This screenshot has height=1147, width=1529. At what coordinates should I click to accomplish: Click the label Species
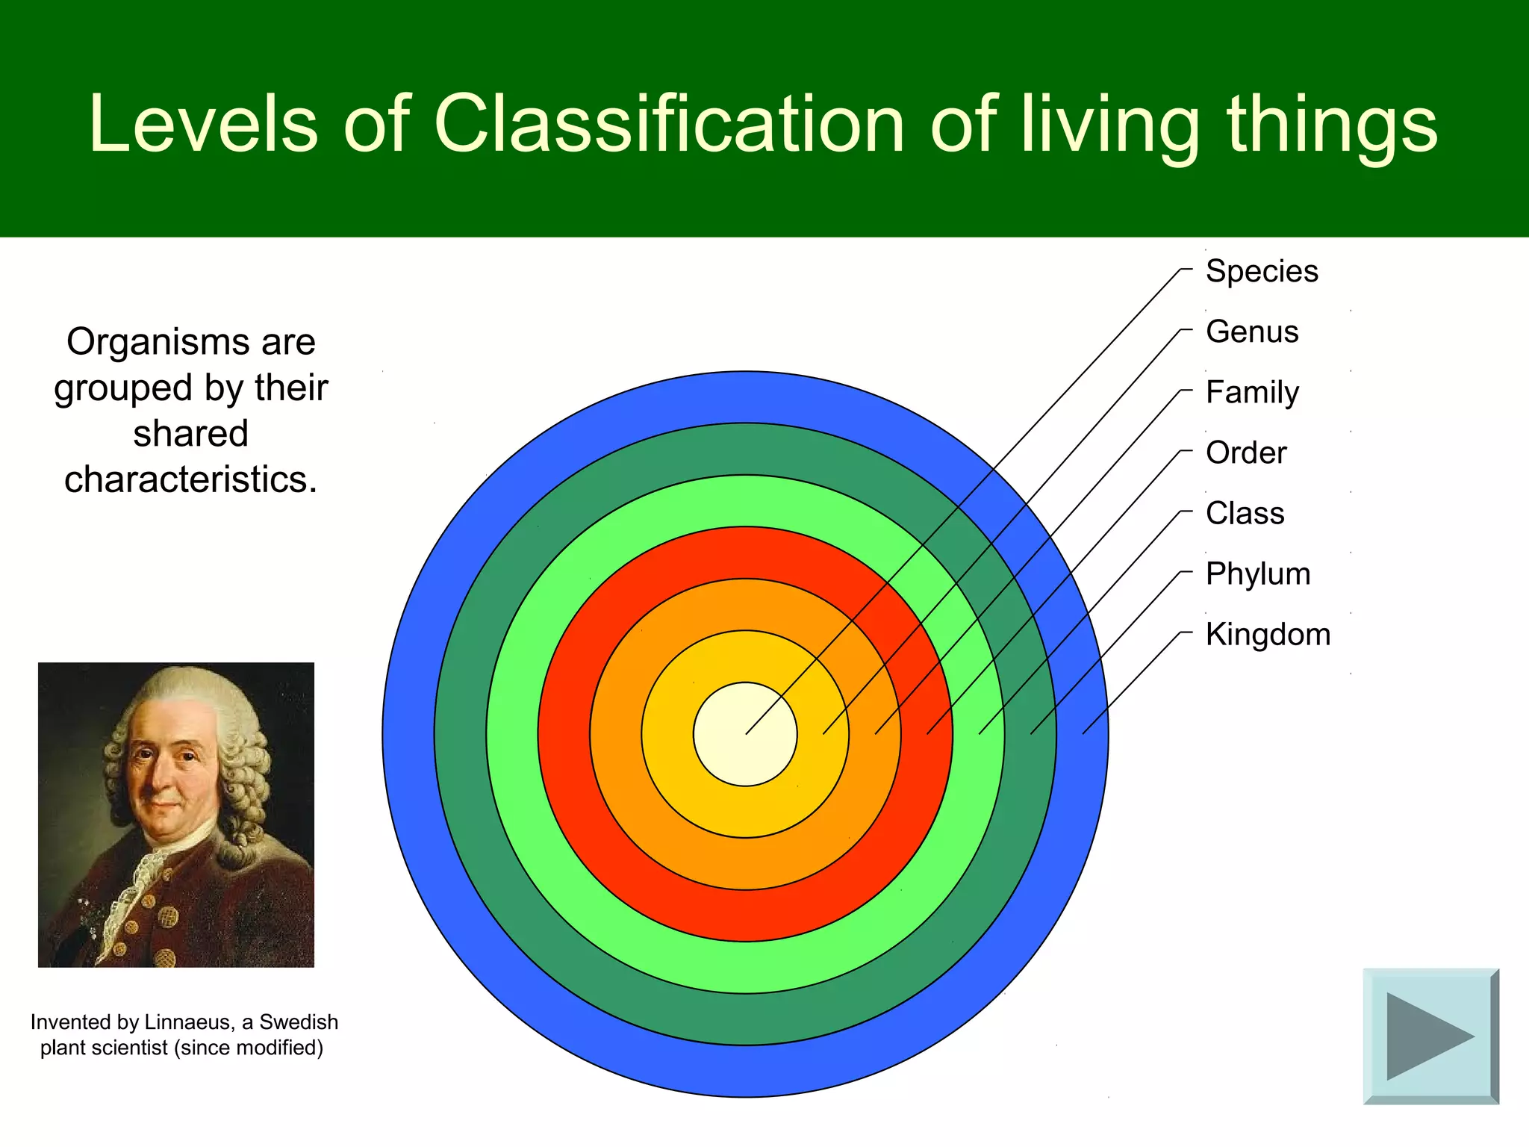pyautogui.click(x=1261, y=271)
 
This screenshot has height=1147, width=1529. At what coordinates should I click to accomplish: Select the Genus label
pyautogui.click(x=1252, y=332)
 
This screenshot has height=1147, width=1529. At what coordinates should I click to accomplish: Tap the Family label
pyautogui.click(x=1252, y=392)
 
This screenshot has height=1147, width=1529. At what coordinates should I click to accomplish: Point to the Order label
pyautogui.click(x=1246, y=453)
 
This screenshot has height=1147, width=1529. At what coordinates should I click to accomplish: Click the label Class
pyautogui.click(x=1245, y=513)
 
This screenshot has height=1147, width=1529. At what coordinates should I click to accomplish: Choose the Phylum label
pyautogui.click(x=1257, y=573)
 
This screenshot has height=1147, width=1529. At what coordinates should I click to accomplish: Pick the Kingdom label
pyautogui.click(x=1268, y=634)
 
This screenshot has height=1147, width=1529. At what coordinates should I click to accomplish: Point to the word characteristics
pyautogui.click(x=190, y=479)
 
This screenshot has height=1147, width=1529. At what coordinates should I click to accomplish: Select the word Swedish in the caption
pyautogui.click(x=299, y=1022)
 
